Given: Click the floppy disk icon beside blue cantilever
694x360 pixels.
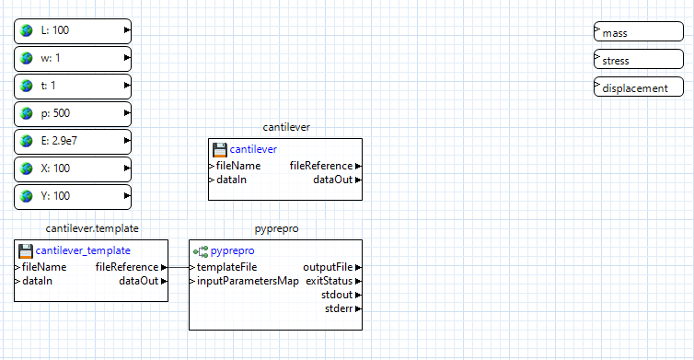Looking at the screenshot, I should (219, 149).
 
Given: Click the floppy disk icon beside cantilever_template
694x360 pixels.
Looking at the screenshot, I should (25, 250).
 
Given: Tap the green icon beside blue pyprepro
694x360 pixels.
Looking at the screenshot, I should (200, 250).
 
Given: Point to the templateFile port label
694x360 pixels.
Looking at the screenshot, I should (226, 267).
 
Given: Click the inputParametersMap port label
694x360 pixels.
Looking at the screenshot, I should (248, 281).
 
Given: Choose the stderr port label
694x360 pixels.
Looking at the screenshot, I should (338, 308).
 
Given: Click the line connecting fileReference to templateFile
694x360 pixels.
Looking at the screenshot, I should (179, 267).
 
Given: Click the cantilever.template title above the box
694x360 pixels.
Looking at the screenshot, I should (92, 227).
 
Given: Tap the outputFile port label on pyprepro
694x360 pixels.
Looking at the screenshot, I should (327, 267).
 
